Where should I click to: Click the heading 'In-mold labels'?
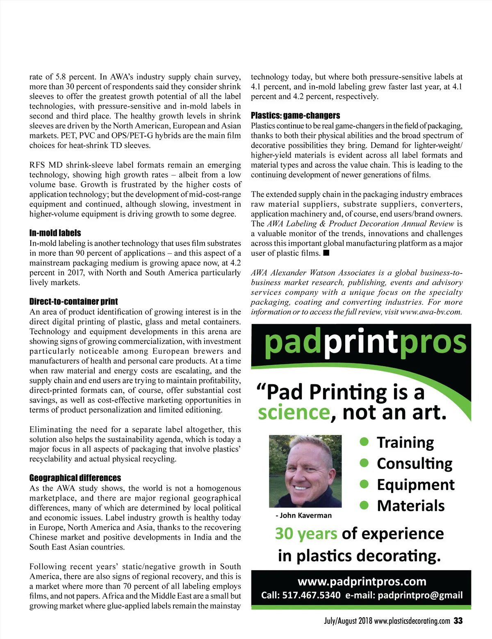(55, 233)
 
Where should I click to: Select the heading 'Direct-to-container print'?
(73, 301)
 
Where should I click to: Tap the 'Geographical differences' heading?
(75, 478)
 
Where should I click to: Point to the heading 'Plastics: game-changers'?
(295, 116)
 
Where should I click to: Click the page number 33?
(458, 621)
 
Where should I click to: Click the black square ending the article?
(326, 253)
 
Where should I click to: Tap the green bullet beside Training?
(364, 441)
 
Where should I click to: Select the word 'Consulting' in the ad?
(414, 463)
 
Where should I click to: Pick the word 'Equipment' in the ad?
(415, 485)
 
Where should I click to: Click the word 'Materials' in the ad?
(410, 506)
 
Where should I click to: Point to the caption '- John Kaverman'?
(303, 516)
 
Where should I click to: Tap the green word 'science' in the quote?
(294, 413)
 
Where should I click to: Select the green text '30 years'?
(306, 534)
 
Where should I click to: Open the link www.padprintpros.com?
(362, 582)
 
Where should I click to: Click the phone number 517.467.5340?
(311, 595)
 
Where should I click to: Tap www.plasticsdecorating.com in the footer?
(412, 621)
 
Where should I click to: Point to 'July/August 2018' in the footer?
(348, 621)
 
